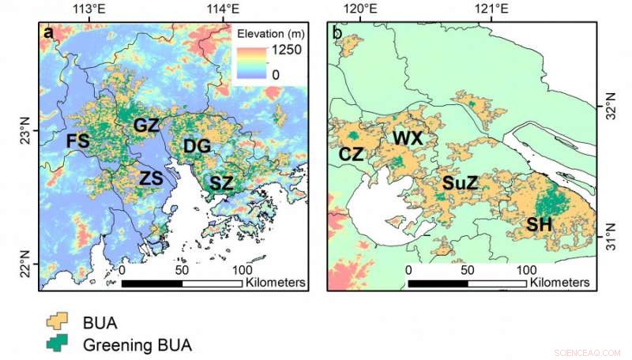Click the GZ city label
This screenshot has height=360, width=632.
[146, 126]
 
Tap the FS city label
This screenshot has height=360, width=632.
[77, 141]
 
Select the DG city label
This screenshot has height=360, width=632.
[197, 146]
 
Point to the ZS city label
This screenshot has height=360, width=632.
[151, 178]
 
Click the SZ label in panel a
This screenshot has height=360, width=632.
[221, 183]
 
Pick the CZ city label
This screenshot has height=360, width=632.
[351, 155]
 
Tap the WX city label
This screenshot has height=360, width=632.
[408, 139]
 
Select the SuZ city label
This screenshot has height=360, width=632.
[459, 184]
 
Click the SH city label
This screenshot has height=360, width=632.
[539, 225]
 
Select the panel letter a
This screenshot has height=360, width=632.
[50, 32]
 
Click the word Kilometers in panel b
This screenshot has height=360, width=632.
[559, 282]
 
